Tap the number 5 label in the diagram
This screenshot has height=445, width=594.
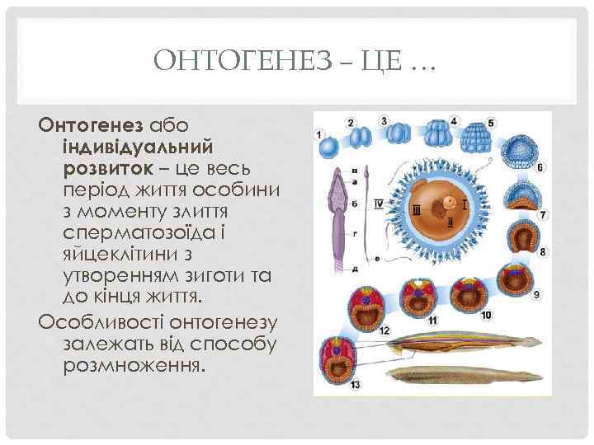tap(492, 124)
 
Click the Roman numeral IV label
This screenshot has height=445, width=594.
tap(379, 203)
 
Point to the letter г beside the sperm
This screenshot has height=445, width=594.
tap(354, 233)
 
